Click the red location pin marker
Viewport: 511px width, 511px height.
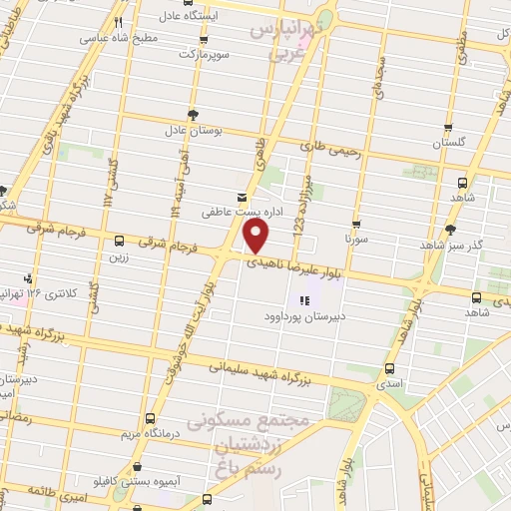coord(257,237)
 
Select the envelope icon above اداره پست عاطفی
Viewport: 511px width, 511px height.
coord(240,197)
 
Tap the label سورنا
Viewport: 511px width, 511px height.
coord(356,241)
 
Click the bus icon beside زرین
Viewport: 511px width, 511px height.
coord(120,241)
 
